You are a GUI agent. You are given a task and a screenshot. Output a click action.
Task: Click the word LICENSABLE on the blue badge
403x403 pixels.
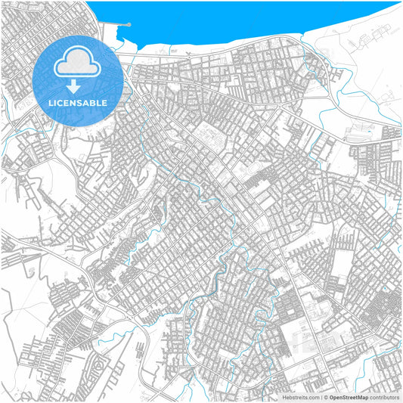click(78, 102)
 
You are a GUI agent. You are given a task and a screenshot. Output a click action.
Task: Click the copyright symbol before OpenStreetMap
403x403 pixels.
click(326, 397)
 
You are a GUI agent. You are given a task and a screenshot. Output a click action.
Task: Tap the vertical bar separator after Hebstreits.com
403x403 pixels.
click(321, 397)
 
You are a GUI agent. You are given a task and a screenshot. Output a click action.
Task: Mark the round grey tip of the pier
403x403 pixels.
click(129, 25)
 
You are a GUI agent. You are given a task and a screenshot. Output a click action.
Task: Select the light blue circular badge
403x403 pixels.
click(78, 80)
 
